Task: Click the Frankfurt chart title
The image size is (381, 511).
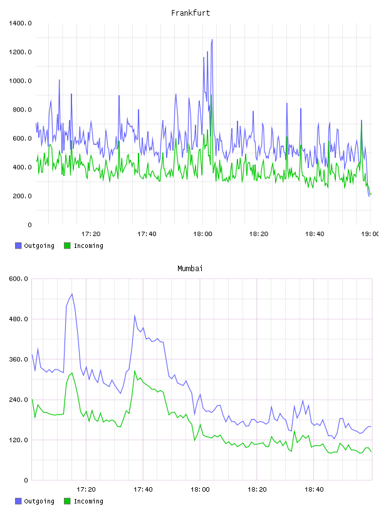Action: coord(190,13)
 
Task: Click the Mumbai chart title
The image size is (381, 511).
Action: coord(190,268)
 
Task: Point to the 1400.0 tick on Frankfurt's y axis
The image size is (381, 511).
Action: coord(20,23)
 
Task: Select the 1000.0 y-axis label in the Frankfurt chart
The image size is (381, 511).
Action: coord(20,81)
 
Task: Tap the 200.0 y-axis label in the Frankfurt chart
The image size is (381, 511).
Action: coord(22,196)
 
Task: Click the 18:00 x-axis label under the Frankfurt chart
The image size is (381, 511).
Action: coord(202,234)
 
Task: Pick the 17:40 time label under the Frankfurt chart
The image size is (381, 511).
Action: coord(147,234)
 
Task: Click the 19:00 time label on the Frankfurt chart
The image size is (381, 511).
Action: coord(370,234)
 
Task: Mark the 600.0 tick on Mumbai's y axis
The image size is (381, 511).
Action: coord(19,279)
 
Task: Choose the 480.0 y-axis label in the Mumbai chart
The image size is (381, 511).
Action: coord(19,319)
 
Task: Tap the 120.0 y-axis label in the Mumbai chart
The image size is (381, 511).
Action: coord(19,440)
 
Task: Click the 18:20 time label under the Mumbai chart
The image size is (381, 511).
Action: coord(257,489)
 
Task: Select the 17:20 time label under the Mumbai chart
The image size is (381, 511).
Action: coord(86,489)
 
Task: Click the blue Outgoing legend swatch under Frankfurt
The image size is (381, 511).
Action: coord(18,245)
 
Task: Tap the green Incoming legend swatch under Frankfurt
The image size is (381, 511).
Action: coord(67,245)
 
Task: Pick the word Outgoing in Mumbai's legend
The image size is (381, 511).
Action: coord(39,501)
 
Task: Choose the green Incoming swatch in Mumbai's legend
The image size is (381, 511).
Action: coord(67,501)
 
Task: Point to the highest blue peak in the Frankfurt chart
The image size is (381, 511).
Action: coord(212,39)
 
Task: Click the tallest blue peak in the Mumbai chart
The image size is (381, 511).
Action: coord(72,294)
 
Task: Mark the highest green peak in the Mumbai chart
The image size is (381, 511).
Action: coord(134,371)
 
